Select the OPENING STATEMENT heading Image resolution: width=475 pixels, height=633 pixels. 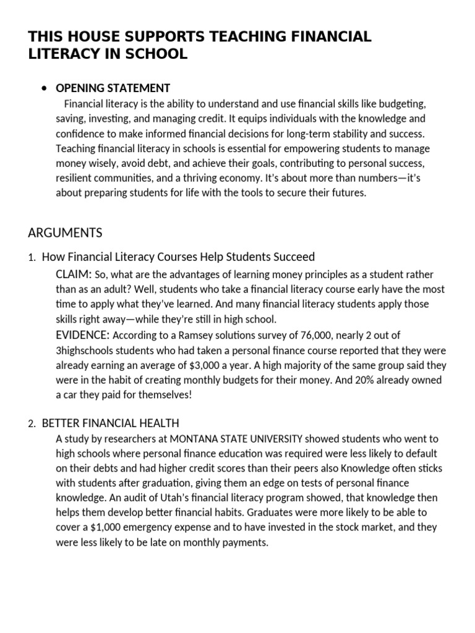[113, 88]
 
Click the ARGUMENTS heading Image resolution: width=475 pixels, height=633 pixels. [65, 233]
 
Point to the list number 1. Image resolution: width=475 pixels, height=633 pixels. [32, 257]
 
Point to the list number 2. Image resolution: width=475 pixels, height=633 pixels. [32, 424]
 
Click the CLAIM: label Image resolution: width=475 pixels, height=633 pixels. [74, 274]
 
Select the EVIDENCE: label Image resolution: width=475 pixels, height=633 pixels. [82, 334]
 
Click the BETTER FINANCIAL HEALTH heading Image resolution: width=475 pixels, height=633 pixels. [110, 423]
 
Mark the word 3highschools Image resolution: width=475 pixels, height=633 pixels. [84, 350]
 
